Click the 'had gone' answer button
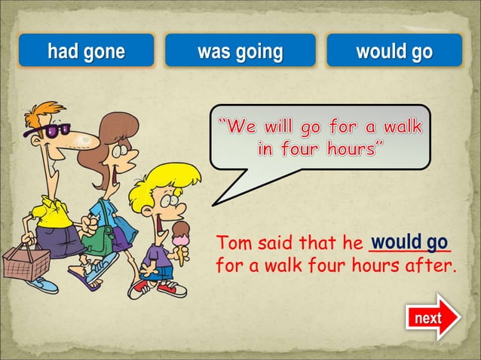tap(86, 51)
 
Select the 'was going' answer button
tap(240, 51)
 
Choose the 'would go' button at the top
tap(394, 51)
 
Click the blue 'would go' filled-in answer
tap(409, 243)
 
